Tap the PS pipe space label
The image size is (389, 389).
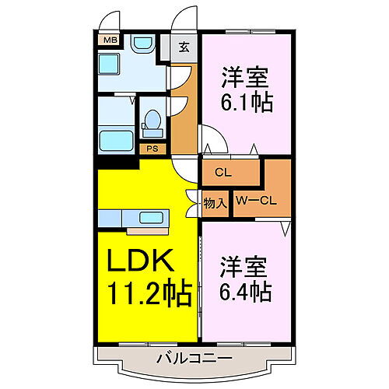pos(152,149)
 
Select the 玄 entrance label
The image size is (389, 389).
pos(184,47)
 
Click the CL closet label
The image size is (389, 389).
pos(223,173)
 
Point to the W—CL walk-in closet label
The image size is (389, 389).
pos(256,201)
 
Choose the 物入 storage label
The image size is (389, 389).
pos(216,203)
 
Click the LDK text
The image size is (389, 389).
pos(140,260)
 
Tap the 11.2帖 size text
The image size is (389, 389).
pos(149,291)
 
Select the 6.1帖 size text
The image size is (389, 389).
pos(247,102)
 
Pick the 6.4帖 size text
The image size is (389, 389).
pos(245,291)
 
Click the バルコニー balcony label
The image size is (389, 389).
pos(194,359)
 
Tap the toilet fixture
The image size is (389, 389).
pos(152,124)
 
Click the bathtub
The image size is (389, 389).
pos(116,141)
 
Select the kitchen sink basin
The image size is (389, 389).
pos(152,218)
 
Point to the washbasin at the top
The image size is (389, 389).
pos(143,44)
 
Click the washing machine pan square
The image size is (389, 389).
pos(109,64)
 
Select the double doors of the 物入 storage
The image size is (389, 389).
pos(192,204)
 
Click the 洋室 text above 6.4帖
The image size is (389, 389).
pos(244,267)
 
